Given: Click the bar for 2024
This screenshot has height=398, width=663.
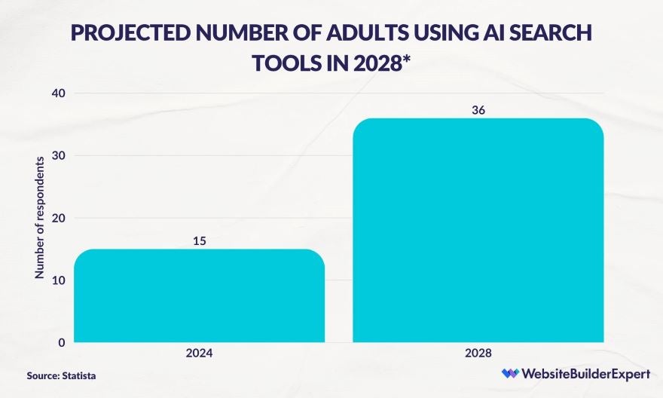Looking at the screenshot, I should [200, 295].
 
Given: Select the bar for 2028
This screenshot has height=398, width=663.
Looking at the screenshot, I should [478, 230].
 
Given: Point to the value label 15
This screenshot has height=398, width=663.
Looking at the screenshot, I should [200, 241].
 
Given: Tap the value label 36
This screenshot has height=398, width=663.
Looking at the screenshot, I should [478, 110].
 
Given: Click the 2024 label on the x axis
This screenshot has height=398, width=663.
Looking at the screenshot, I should [200, 354].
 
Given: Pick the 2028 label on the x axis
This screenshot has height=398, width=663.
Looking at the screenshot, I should [478, 354].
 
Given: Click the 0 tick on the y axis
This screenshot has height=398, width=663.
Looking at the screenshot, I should [61, 343].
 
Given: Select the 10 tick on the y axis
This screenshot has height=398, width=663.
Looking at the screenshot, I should [58, 280].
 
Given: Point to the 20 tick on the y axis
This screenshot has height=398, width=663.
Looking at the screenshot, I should [58, 218].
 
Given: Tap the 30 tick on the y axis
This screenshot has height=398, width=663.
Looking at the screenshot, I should [58, 155].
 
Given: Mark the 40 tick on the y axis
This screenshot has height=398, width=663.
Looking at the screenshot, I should [58, 93].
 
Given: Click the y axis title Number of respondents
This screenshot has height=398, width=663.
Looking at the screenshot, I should [39, 219].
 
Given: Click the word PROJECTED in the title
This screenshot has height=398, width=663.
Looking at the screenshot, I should [123, 33].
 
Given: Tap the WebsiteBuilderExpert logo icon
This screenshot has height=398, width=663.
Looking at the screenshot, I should [510, 374].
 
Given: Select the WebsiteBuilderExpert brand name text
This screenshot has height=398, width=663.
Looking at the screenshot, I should [578, 374].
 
